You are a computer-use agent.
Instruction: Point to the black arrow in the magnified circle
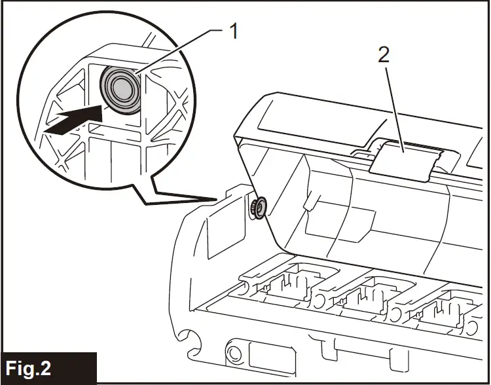(x=72, y=120)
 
